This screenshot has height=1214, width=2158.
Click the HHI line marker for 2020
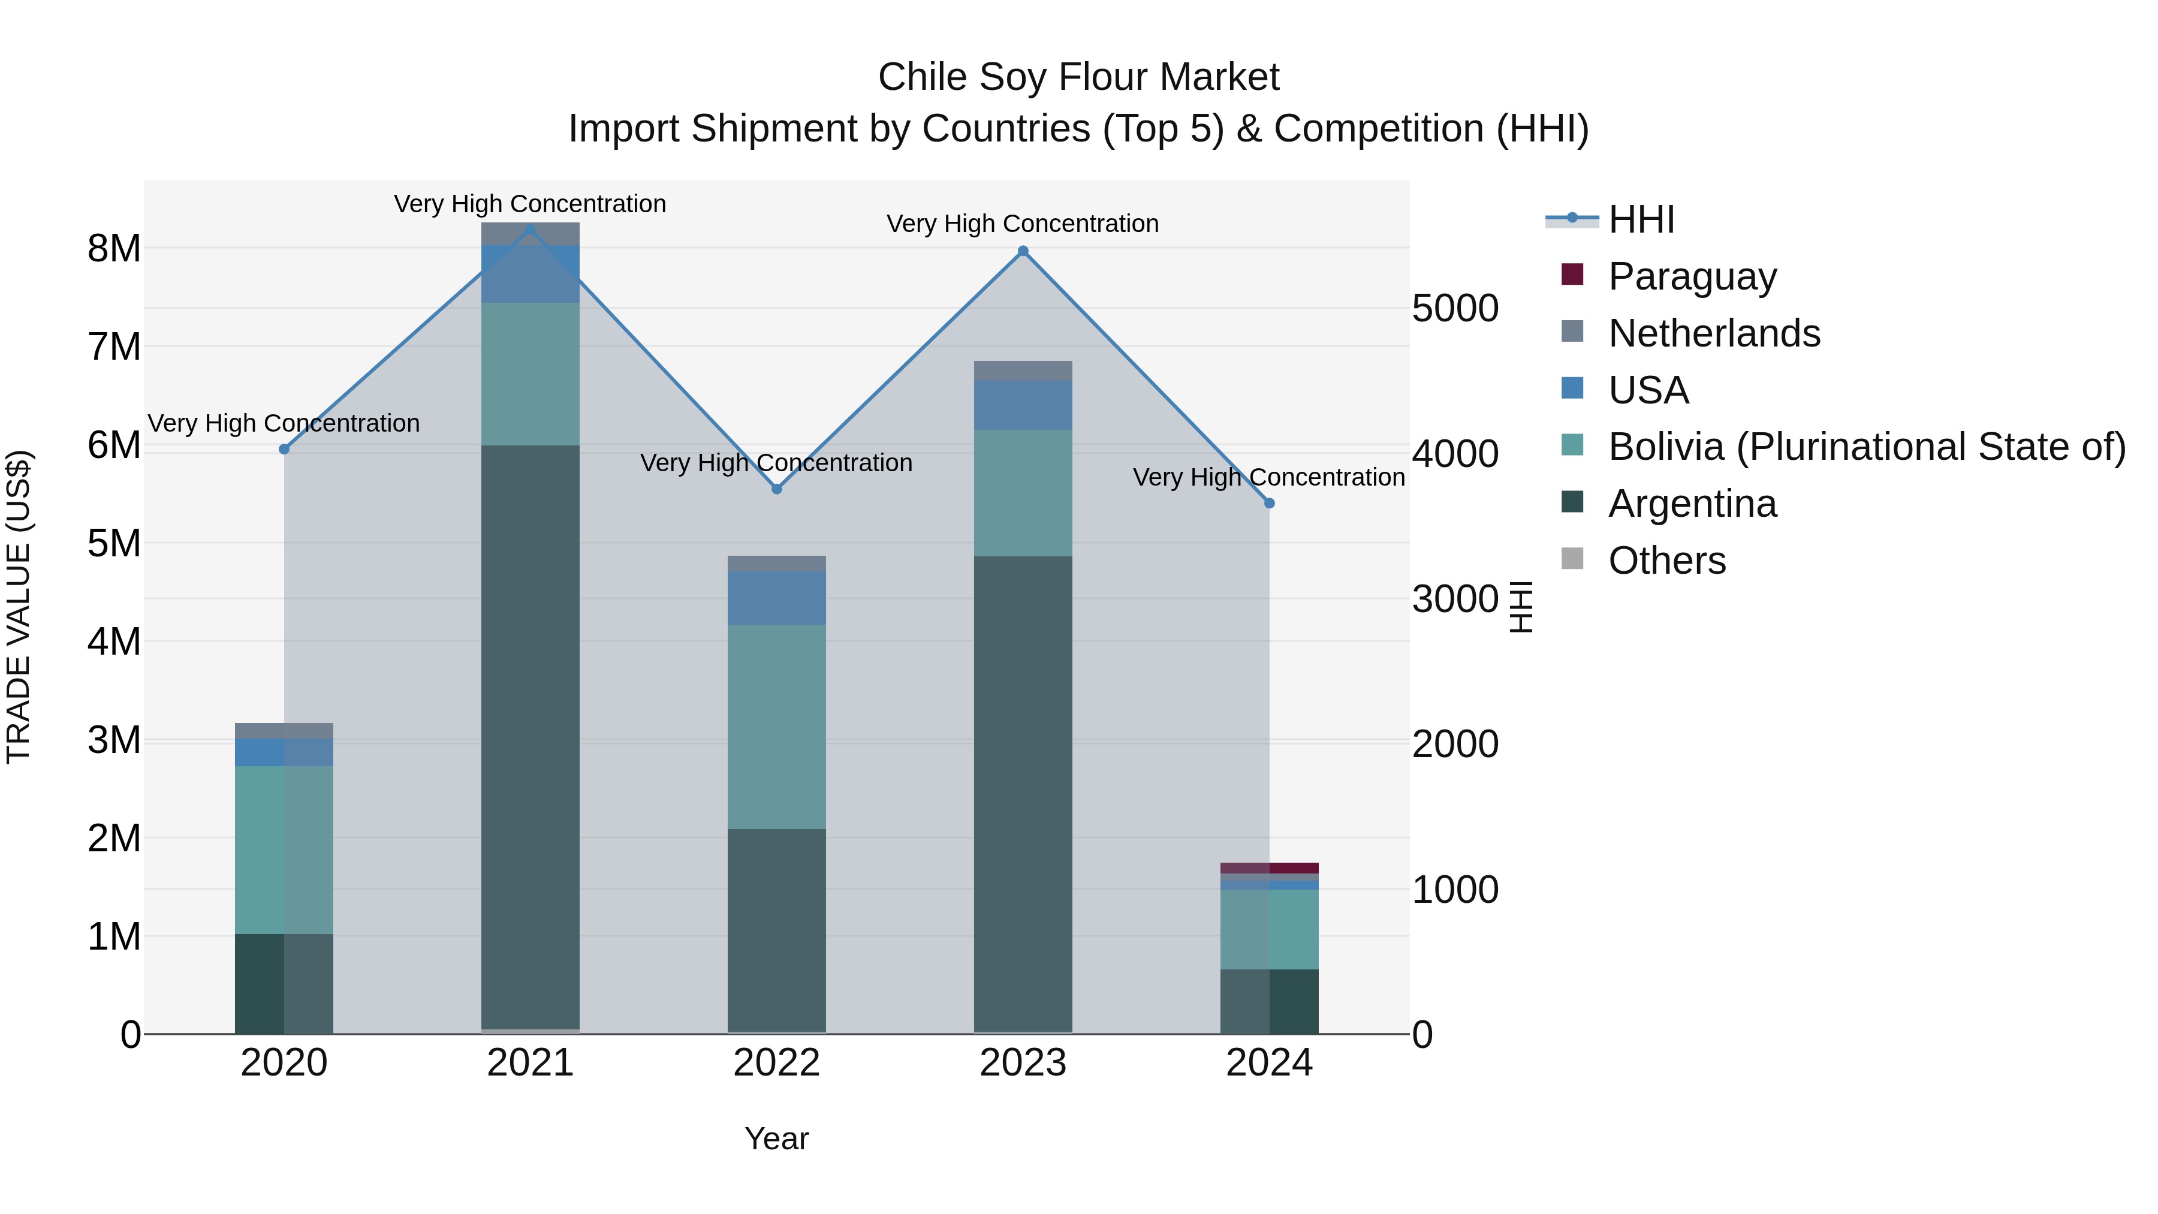[x=284, y=449]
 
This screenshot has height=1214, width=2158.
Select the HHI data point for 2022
[x=776, y=489]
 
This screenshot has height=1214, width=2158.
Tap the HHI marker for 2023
[x=1023, y=251]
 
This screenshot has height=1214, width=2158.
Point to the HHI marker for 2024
[x=1269, y=504]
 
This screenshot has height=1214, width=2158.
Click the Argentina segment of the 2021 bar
[x=531, y=737]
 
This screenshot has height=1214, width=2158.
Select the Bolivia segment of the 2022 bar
[x=776, y=727]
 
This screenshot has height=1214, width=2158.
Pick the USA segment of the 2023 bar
[x=1023, y=405]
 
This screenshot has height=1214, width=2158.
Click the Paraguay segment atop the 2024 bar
[x=1269, y=868]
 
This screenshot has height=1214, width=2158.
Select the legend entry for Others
[x=1666, y=561]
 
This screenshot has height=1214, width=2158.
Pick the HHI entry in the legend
[x=1640, y=219]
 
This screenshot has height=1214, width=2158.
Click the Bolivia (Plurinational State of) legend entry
[x=1867, y=447]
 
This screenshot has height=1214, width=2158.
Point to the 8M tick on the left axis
[x=114, y=249]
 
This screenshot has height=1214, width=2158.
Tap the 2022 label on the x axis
[x=776, y=1063]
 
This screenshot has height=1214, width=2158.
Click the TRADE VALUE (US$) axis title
[x=19, y=607]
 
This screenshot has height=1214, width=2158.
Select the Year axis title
[x=776, y=1138]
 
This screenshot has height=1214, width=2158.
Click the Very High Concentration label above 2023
[x=1023, y=224]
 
